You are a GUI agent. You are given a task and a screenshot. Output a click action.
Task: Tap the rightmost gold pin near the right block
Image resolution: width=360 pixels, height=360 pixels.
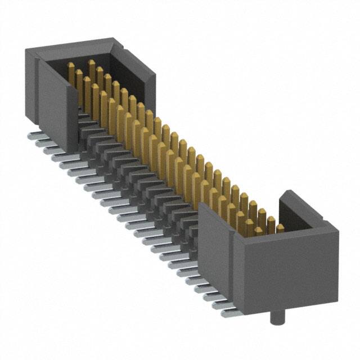pos(280,228)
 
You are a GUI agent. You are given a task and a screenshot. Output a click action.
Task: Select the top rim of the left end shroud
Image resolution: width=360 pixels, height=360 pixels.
pos(73,45)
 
